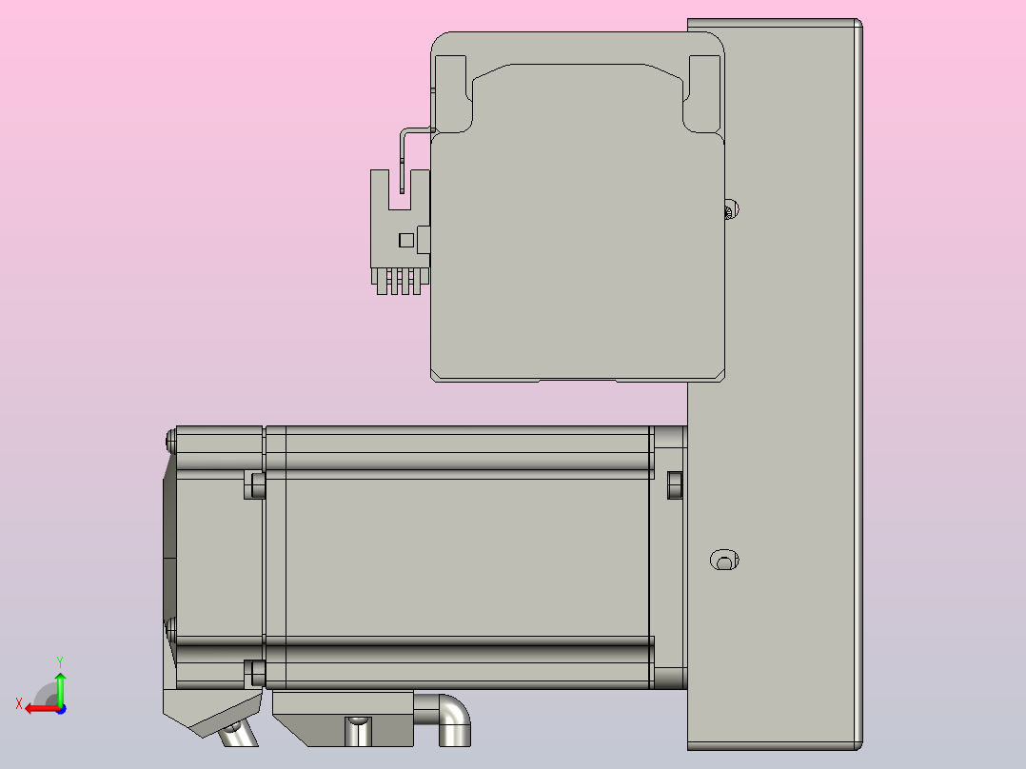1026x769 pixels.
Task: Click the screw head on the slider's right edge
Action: click(731, 209)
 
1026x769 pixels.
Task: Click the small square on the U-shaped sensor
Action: click(406, 239)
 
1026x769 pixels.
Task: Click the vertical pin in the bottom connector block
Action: click(358, 732)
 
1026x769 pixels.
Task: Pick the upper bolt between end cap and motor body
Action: click(255, 484)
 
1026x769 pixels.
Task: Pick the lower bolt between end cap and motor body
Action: click(255, 672)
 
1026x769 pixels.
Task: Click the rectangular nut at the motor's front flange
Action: click(675, 484)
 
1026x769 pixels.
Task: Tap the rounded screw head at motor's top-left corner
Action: click(170, 439)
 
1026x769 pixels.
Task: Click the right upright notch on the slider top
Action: click(702, 80)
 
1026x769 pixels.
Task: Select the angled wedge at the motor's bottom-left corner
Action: click(211, 713)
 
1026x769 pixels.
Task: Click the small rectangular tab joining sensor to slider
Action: click(424, 239)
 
